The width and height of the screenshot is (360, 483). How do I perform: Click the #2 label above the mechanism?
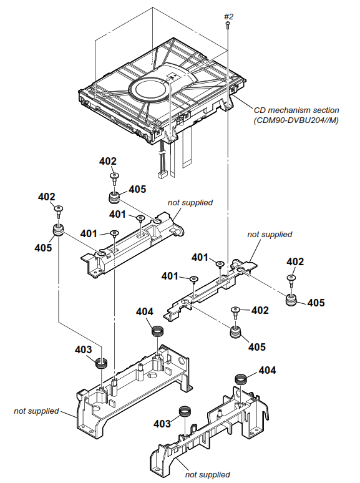point(228,16)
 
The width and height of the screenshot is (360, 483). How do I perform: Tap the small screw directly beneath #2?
point(229,26)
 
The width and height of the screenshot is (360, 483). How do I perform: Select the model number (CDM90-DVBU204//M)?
point(296,120)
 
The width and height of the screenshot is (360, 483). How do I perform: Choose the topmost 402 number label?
point(108,161)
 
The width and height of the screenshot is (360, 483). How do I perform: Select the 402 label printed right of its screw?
point(260,310)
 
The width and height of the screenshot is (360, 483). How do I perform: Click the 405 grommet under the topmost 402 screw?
point(115,198)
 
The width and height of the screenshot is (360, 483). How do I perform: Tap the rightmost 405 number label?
point(316,303)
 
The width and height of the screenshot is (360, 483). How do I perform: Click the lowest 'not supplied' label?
point(207,475)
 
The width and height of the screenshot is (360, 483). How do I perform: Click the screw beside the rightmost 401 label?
point(220,265)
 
